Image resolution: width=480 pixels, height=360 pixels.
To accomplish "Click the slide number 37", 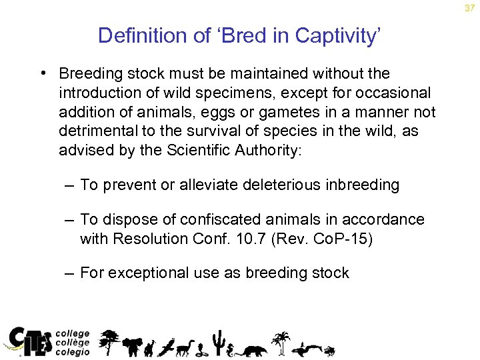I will coord(469,8).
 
